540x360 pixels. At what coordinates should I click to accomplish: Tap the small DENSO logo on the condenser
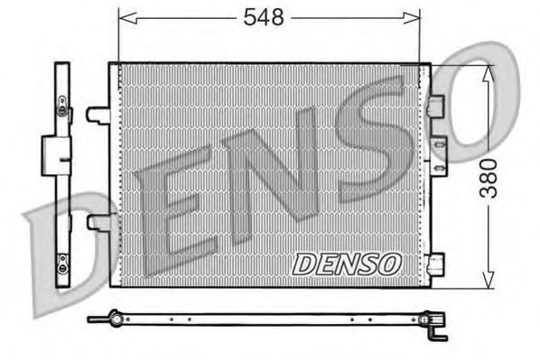coord(346,263)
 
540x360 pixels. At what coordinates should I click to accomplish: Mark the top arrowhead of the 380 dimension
coord(488,72)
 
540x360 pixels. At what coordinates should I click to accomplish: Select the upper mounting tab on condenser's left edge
coord(98,115)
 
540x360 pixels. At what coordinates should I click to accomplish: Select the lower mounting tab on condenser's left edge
coord(98,222)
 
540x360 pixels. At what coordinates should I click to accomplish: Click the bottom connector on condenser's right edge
coord(438,264)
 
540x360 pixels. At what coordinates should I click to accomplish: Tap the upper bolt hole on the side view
coord(62,111)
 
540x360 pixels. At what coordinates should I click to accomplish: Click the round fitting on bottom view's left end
coord(115,317)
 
